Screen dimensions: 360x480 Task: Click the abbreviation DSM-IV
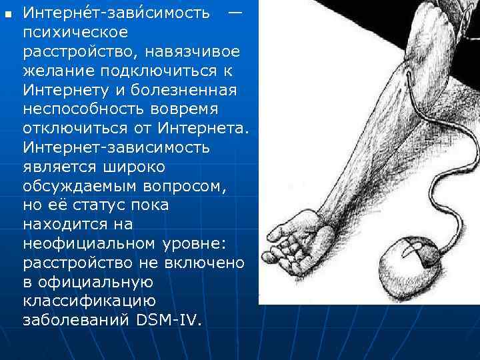(168, 320)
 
